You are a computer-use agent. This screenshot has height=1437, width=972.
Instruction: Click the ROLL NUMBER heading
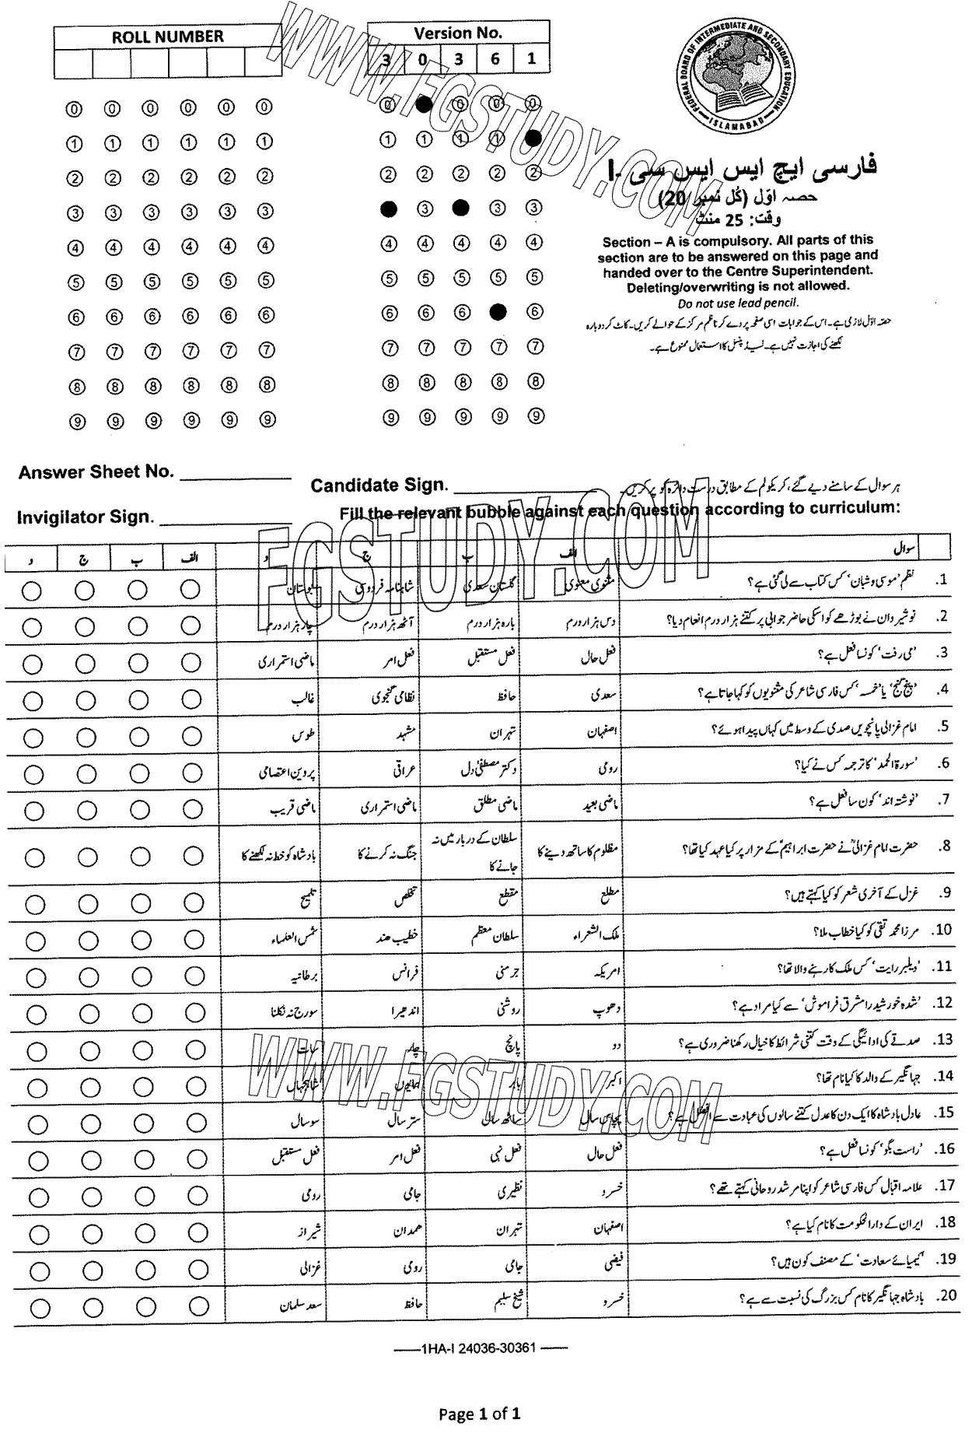pos(167,36)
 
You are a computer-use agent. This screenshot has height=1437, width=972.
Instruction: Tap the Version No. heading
pos(458,33)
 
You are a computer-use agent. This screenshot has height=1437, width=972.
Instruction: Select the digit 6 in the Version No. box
pos(495,59)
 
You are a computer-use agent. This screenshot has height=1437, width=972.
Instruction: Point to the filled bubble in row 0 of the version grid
pos(424,104)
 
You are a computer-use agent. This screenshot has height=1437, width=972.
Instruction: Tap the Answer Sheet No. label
pos(96,472)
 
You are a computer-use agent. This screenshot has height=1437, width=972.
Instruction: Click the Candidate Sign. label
pos(379,485)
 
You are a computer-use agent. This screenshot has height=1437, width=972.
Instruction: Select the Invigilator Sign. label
pos(86,517)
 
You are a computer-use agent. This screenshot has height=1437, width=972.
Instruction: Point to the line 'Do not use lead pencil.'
pos(738,303)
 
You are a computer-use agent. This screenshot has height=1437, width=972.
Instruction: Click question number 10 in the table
pos(943,930)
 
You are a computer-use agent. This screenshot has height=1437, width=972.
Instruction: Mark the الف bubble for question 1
pos(190,591)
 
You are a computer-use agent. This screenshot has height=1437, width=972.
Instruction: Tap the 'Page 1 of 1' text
pos(480,1413)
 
